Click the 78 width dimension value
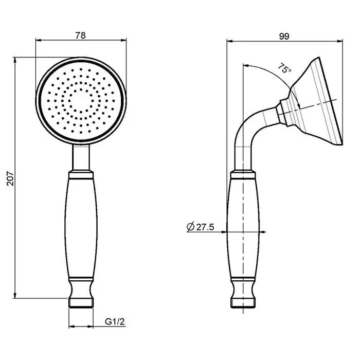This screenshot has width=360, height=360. tap(80, 35)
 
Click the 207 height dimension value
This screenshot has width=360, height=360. tap(11, 178)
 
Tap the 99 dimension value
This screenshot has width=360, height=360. tap(284, 37)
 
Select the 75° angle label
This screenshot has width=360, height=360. tap(285, 68)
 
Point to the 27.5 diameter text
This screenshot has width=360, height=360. tap(205, 227)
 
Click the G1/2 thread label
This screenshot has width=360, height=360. tap(115, 321)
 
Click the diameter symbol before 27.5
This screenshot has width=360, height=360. tap(191, 227)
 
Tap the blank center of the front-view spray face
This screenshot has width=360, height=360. tap(81, 101)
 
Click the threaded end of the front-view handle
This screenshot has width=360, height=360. tap(81, 303)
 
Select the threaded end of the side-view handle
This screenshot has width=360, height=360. tap(243, 303)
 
